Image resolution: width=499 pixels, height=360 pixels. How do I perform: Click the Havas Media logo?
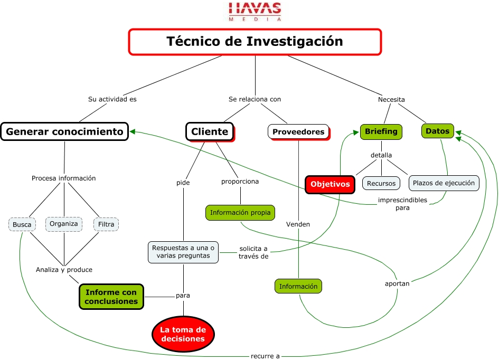point(255,11)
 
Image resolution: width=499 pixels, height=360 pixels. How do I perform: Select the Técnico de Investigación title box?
point(255,41)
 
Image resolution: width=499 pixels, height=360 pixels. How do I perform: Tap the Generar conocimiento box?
point(64,131)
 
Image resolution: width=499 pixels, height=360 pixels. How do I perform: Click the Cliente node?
point(210,131)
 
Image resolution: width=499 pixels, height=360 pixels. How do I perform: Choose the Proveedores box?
point(298,131)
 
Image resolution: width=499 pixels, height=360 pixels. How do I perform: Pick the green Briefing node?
point(381,131)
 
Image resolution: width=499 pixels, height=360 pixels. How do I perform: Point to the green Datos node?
point(438,131)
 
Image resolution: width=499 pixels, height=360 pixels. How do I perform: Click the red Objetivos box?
point(330,184)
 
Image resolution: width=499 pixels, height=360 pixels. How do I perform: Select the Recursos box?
point(381,183)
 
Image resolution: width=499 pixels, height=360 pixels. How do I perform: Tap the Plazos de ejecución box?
point(444,183)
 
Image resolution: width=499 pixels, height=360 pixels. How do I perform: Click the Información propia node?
point(240,213)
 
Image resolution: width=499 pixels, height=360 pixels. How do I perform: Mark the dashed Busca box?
point(22,224)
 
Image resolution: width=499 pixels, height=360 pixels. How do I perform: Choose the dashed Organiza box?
point(64,224)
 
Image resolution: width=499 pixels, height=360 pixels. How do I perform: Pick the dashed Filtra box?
point(106,224)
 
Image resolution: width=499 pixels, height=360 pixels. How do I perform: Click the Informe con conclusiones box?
point(111,297)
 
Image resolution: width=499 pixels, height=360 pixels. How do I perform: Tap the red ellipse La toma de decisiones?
point(183,334)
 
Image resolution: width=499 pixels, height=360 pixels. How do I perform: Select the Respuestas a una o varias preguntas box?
point(183,251)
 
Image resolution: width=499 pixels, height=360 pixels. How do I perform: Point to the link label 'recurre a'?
point(265,356)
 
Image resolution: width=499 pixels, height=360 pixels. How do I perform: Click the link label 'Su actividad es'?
point(112,99)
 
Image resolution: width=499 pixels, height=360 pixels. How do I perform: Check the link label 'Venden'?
point(298,224)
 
